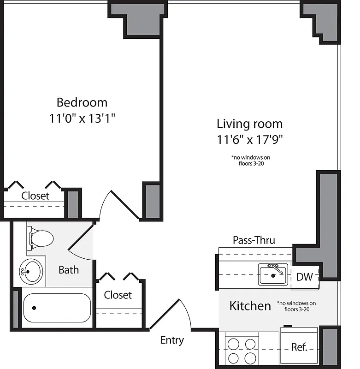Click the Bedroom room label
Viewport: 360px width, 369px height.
[x=82, y=102]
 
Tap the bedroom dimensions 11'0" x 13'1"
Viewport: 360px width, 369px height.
[x=82, y=119]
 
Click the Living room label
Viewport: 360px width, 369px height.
[x=249, y=124]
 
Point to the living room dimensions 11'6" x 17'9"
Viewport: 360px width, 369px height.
[x=249, y=139]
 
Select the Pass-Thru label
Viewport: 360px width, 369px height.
[x=254, y=240]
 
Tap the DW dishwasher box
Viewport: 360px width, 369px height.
[x=304, y=277]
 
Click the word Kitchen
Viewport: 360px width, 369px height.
[x=250, y=306]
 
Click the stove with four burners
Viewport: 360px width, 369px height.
[x=242, y=350]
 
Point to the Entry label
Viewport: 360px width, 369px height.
[x=172, y=340]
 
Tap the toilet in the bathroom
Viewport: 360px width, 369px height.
[x=40, y=238]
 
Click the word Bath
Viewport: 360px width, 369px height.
[x=69, y=270]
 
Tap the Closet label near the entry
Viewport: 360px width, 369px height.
[x=118, y=295]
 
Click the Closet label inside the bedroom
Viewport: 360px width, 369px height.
[x=35, y=196]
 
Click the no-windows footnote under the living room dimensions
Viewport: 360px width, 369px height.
[x=251, y=160]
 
